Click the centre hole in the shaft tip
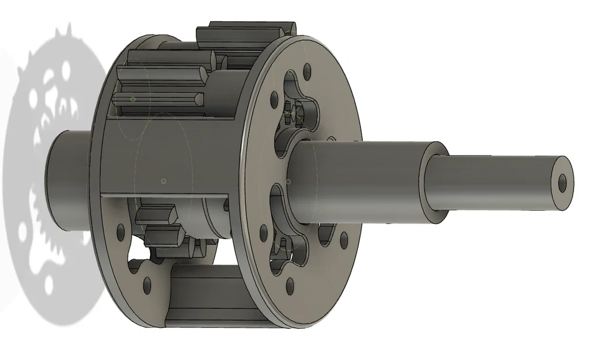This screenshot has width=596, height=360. tap(563, 183)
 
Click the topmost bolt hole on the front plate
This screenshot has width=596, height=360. tap(306, 72)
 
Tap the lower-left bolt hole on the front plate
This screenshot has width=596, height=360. tap(263, 232)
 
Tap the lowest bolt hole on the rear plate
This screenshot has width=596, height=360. tap(147, 282)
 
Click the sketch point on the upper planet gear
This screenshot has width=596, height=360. tap(134, 99)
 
